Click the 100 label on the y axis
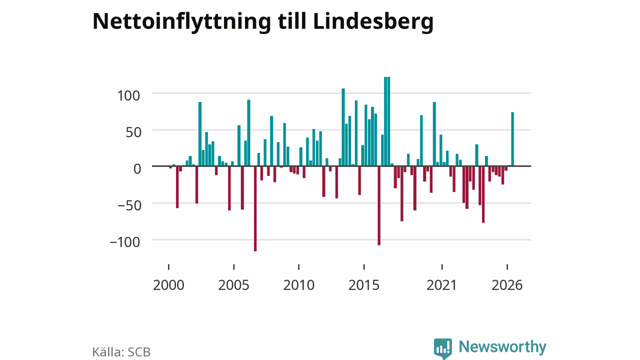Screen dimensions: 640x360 pos(129,95)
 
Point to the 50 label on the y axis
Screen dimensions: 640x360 pos(133,132)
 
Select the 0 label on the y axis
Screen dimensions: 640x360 pos(137,169)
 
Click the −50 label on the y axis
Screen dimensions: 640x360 pos(129,205)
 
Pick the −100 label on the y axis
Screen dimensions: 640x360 pos(125,242)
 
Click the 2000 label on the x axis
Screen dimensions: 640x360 pos(168,285)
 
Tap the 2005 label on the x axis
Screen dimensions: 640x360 pos(233,285)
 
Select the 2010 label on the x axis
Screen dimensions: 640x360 pos(299,285)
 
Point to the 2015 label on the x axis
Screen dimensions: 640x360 pos(364,285)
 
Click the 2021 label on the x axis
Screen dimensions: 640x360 pos(441,285)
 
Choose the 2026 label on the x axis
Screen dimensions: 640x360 pos(507,285)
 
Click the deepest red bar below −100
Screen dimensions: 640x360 pos(255,208)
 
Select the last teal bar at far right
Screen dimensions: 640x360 pos(512,139)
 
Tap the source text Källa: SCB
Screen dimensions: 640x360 pos(121,352)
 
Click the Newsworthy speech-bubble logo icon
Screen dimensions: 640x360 pos(443,348)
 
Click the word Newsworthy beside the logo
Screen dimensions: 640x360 pos(502,347)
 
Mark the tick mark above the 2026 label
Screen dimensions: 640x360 pos(507,267)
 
